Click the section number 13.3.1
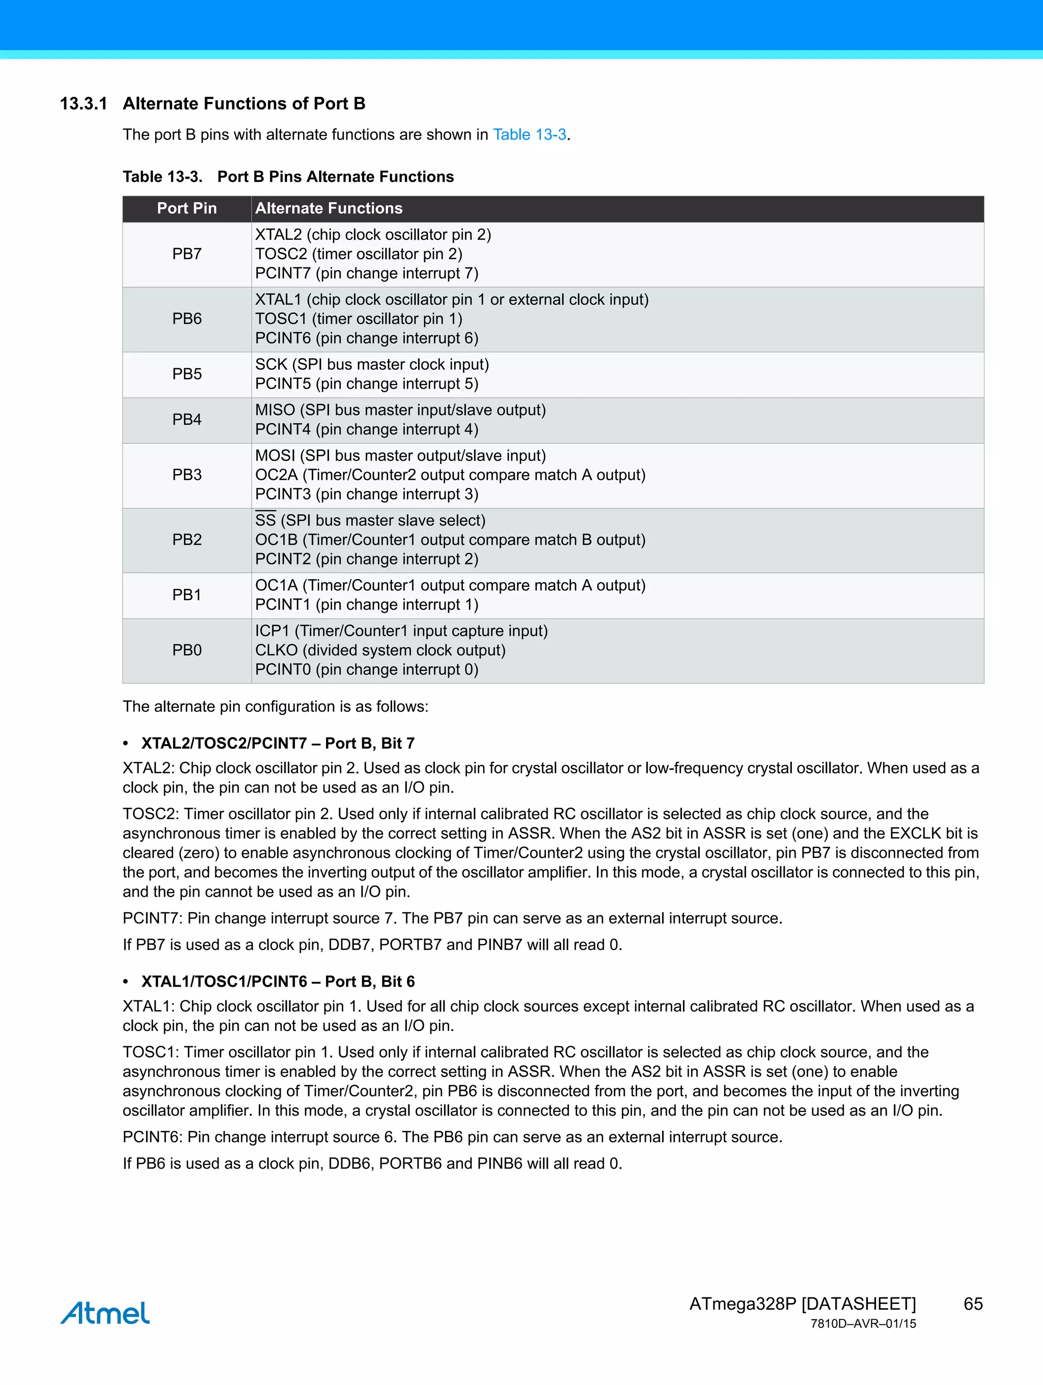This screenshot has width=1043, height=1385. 83,103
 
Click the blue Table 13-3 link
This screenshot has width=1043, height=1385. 529,134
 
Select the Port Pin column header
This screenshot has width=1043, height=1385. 186,208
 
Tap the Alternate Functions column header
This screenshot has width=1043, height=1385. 328,208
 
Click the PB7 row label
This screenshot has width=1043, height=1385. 186,254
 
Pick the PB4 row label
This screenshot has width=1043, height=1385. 186,420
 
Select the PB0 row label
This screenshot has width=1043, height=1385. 186,650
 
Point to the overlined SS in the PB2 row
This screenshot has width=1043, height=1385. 265,520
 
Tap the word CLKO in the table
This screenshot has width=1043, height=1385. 276,650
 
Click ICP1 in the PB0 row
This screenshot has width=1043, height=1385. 272,631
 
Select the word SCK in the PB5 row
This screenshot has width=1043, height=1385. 270,364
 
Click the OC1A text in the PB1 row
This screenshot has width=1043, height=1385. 276,585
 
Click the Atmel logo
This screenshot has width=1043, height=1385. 105,1313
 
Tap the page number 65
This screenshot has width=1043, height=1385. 973,1303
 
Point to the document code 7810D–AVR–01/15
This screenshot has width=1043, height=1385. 863,1324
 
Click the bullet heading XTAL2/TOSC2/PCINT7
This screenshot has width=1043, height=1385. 224,743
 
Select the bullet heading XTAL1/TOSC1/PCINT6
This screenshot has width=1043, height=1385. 224,981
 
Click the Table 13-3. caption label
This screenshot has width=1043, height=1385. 162,177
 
